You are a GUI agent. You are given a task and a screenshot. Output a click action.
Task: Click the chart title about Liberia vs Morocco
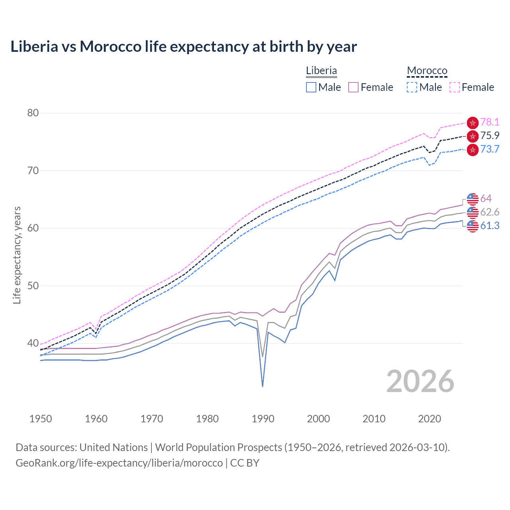coord(183,47)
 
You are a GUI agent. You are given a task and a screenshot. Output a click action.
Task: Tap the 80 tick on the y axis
coord(33,113)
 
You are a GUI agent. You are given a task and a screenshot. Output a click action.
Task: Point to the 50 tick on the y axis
coord(33,286)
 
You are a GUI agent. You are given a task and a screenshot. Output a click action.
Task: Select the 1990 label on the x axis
coord(263,419)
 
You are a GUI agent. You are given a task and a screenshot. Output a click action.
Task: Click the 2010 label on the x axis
coord(374,419)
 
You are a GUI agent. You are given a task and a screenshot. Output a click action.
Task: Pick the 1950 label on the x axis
coord(41,419)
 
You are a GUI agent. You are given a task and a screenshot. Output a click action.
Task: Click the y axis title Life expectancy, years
coord(17,255)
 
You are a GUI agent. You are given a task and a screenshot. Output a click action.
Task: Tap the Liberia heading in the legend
coord(321,71)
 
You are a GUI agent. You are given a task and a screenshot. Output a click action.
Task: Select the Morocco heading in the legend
coord(427,71)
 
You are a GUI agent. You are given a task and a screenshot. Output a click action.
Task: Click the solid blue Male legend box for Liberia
coord(311,87)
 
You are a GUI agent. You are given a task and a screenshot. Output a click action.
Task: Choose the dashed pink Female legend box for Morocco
coord(455,87)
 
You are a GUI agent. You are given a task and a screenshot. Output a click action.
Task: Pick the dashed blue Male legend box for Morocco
coord(412,87)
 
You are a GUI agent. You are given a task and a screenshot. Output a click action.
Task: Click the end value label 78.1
coord(490,122)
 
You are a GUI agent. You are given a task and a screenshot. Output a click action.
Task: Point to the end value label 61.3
coord(490,226)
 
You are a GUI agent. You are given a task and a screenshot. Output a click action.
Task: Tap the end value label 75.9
coord(490,136)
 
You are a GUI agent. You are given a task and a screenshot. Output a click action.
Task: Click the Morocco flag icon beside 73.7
coord(473,150)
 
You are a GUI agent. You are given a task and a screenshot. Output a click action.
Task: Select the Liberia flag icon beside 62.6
coord(473,212)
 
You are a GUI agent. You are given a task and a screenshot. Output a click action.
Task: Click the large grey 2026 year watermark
coord(420,381)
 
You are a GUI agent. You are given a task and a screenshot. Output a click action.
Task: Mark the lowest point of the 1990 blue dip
coord(263,386)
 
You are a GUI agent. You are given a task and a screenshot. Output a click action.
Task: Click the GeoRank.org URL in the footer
coord(119,463)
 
